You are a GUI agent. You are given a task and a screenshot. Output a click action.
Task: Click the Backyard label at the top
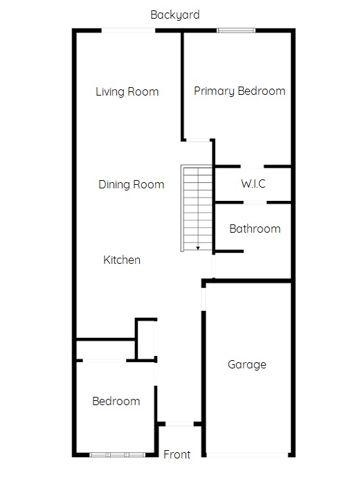coord(175,15)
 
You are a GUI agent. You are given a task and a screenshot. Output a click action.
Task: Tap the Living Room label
coord(127,91)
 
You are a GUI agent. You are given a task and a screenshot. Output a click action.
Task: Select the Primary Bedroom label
coord(240,91)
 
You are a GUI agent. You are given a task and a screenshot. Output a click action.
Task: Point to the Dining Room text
coord(132,184)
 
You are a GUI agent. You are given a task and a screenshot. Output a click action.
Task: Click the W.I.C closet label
coord(253,184)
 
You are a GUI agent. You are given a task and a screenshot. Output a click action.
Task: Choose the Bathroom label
coord(255,229)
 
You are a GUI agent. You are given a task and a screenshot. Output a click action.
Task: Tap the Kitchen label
coord(122,260)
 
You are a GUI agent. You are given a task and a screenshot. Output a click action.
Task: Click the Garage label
coord(247,364)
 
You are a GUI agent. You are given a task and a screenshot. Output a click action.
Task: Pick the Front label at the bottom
coord(177,454)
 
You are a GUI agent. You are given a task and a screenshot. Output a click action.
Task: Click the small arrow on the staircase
coord(198,247)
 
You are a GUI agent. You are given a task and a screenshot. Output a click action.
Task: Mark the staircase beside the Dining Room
coord(197,208)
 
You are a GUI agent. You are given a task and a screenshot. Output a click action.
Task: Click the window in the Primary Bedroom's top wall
coord(236,30)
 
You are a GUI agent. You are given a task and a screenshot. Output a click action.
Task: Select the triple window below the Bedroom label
coord(118,454)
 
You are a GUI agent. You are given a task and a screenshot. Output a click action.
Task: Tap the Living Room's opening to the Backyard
coord(128,30)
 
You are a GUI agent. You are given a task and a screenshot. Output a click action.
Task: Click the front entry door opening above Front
coord(179,424)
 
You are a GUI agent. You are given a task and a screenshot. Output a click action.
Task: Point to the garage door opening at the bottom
coord(247,454)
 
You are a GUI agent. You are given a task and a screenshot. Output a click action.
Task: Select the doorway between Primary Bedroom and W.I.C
coord(252,167)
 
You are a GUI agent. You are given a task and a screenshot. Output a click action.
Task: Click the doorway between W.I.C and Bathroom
coord(255,202)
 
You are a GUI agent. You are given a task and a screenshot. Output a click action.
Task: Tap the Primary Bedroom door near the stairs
coord(198,140)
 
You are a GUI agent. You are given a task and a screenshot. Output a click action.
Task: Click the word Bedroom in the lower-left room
coord(116,401)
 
